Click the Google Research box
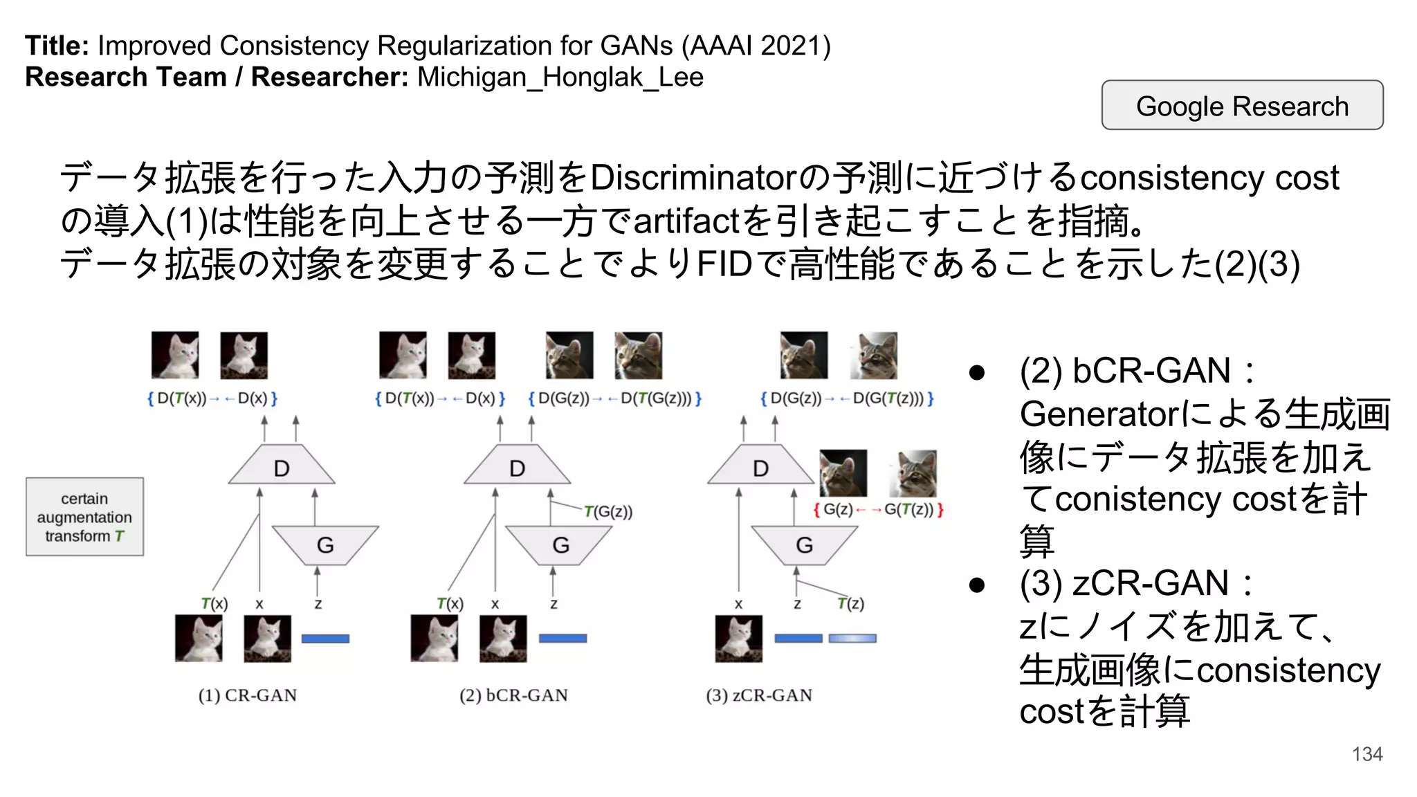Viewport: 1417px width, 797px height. pos(1242,106)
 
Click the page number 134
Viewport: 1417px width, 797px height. pos(1366,754)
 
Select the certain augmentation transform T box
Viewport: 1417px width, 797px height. pos(84,517)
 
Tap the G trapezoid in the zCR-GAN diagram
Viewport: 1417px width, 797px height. pos(804,544)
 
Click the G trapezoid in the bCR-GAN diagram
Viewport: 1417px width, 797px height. pos(560,544)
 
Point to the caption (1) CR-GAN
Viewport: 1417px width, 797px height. pos(247,695)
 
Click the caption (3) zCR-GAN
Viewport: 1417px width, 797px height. pos(759,695)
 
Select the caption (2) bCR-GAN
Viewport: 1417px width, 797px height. pos(513,695)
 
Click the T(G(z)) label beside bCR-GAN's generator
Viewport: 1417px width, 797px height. pos(608,512)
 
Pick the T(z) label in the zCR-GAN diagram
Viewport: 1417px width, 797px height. pos(850,603)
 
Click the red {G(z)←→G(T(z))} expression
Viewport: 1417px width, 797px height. pos(878,510)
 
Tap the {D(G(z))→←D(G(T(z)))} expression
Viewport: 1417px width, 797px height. pos(847,398)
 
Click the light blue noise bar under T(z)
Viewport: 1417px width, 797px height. pos(852,639)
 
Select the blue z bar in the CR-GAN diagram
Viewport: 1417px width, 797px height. pos(325,639)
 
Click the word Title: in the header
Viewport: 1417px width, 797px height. pos(57,46)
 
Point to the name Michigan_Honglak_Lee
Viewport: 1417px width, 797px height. pos(560,77)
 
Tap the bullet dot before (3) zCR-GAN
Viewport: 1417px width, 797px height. pos(976,585)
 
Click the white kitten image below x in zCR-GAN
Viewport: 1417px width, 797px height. pos(738,639)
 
